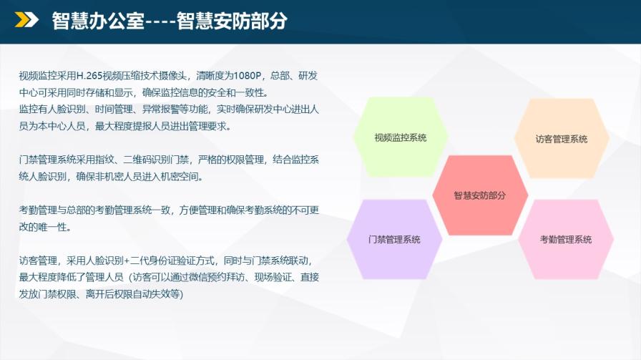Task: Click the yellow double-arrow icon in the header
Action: coord(26,19)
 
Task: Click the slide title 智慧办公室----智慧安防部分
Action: coord(170,21)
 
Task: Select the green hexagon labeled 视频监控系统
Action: coord(401,137)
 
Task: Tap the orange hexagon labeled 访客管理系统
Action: coord(562,138)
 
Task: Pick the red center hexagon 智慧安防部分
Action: coord(480,195)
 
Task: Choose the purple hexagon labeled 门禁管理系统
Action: coord(394,239)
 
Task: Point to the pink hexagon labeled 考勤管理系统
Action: coord(566,239)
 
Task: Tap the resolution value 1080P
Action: coord(248,76)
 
